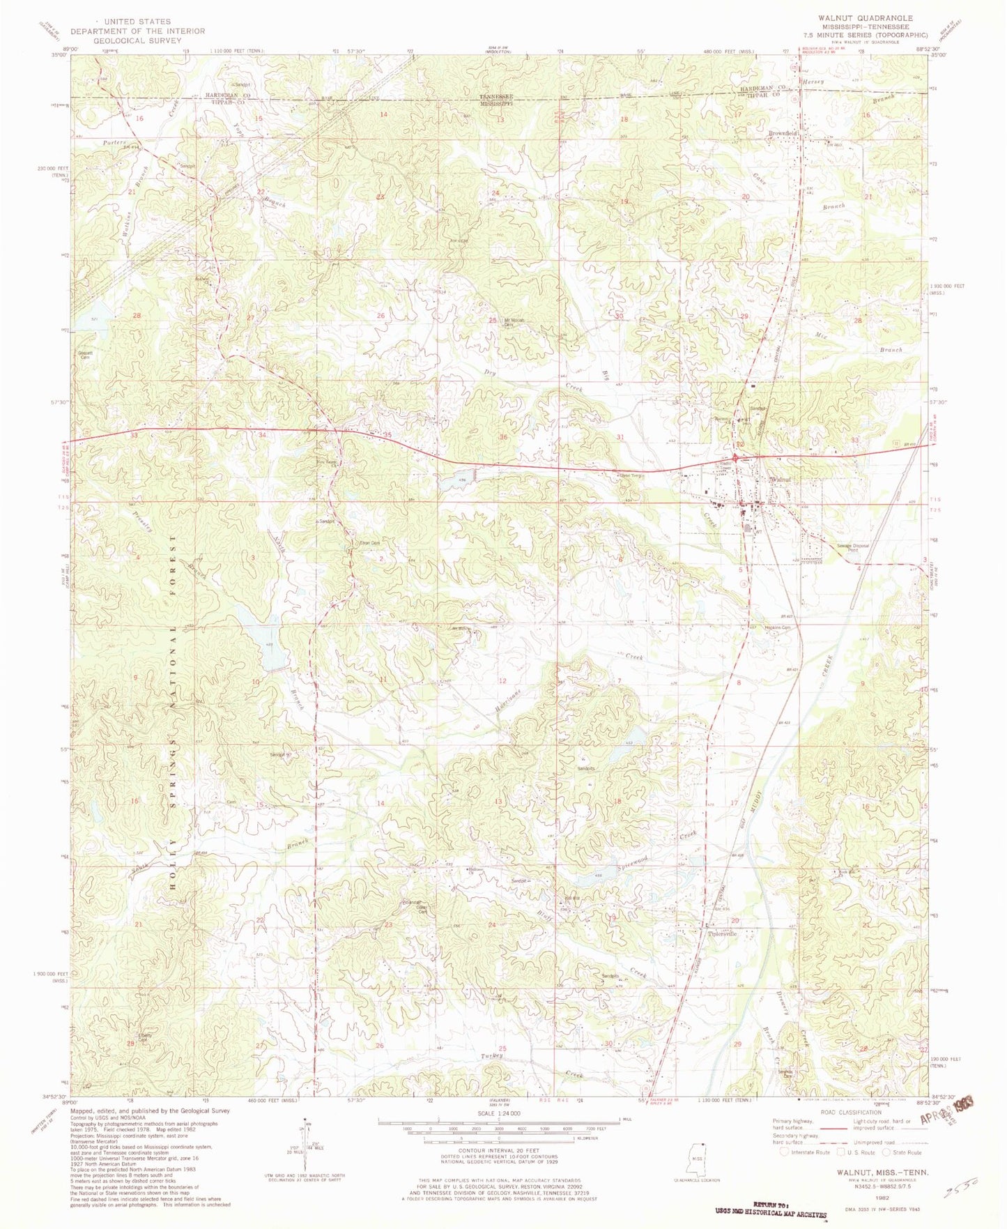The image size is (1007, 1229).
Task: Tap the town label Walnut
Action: (778, 480)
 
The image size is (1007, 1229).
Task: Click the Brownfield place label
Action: (782, 132)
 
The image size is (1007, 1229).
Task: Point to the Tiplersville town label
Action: (722, 933)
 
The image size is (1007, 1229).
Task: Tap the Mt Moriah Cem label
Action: (514, 322)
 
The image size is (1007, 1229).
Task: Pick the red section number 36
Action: (503, 437)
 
